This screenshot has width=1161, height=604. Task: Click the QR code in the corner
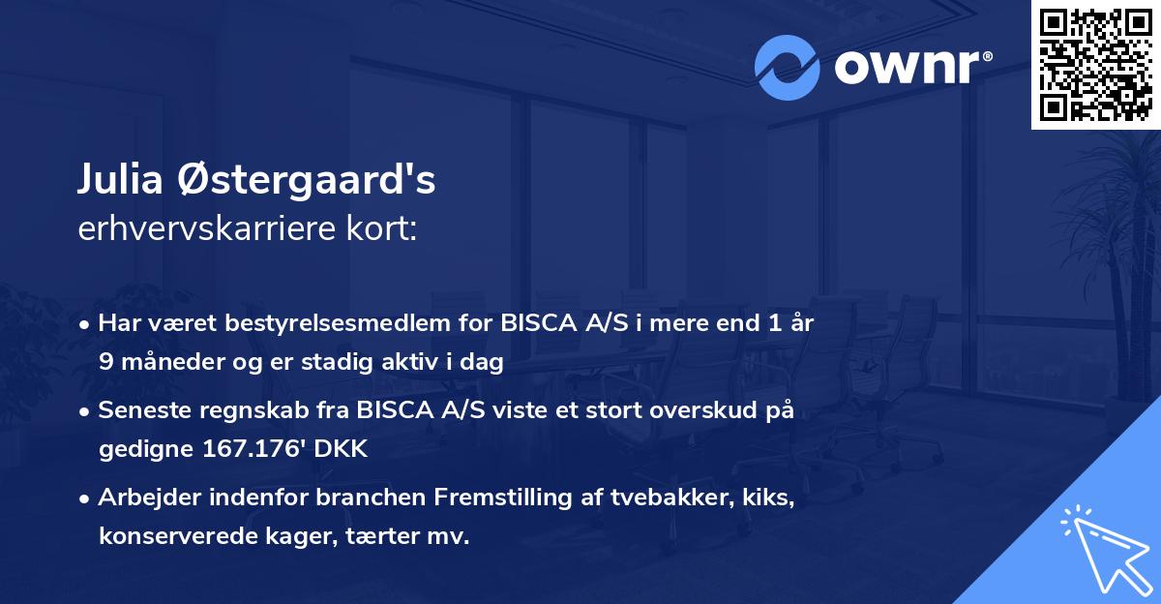(x=1095, y=64)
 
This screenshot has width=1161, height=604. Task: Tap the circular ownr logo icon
(x=787, y=67)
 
